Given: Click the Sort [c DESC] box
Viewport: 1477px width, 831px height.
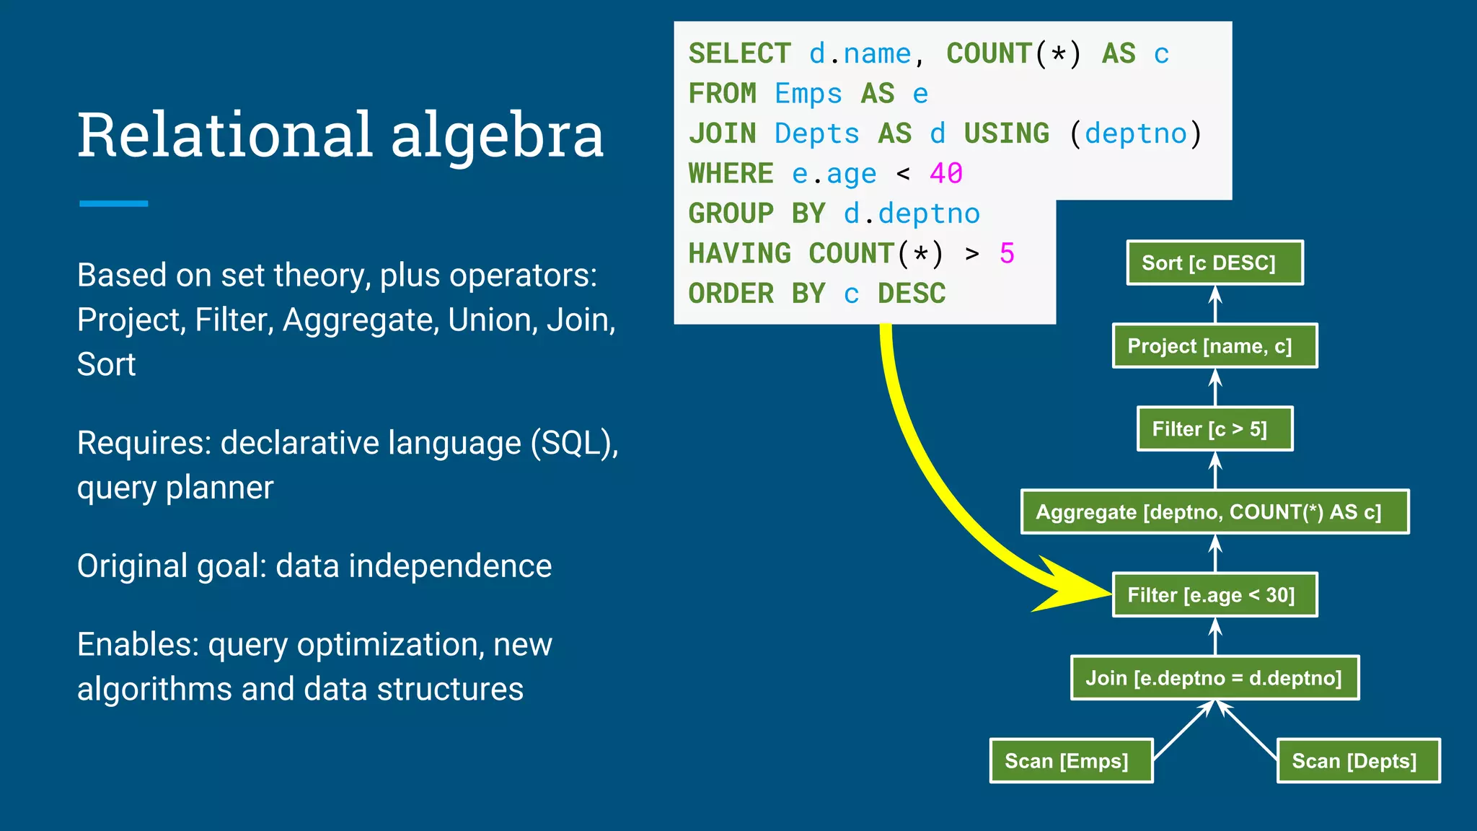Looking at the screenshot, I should tap(1214, 263).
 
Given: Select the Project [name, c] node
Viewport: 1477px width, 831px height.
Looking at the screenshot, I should tap(1214, 346).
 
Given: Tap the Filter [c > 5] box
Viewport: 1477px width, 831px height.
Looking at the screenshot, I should tap(1214, 429).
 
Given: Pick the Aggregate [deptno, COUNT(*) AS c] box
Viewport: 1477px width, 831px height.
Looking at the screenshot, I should tap(1214, 512).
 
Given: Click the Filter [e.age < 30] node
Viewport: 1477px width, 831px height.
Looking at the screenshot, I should tap(1214, 595).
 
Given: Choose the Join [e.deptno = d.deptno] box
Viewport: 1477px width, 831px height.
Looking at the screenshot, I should tap(1214, 678).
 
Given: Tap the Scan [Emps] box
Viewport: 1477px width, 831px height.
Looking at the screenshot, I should tap(1071, 761).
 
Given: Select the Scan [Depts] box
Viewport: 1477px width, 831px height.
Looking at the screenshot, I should tap(1358, 761).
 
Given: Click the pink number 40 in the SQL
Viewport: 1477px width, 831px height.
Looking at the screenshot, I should tap(945, 174).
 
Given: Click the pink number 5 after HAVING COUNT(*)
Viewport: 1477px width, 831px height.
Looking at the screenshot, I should tap(1007, 254).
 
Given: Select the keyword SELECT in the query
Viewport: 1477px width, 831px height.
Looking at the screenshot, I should tap(739, 54).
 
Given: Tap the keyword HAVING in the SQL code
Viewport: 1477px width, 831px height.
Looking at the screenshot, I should tap(739, 254).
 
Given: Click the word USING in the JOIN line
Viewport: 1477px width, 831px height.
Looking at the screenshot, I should tap(1006, 134).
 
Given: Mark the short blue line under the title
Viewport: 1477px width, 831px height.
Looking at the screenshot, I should tap(113, 204).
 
